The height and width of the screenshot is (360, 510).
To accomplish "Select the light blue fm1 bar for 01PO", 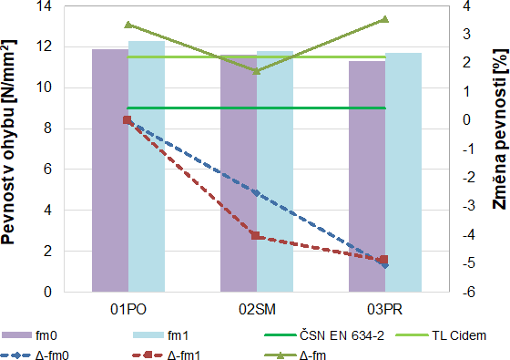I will (146, 173).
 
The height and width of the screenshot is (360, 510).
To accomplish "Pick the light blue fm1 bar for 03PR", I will (403, 173).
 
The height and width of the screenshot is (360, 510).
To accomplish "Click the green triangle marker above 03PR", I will (384, 19).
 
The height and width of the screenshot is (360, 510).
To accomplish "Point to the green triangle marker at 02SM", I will (256, 70).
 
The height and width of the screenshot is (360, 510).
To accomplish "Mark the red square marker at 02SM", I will (256, 236).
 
